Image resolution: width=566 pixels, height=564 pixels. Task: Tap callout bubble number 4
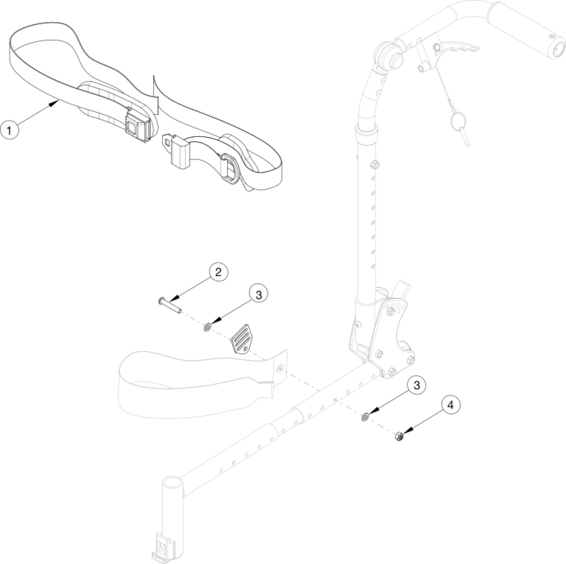[451, 406]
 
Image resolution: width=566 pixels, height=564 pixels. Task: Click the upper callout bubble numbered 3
[258, 295]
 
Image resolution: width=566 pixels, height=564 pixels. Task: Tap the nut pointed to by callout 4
[398, 436]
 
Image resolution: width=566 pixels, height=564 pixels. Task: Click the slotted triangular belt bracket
[242, 338]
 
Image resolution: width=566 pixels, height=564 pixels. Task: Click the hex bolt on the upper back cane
[374, 165]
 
